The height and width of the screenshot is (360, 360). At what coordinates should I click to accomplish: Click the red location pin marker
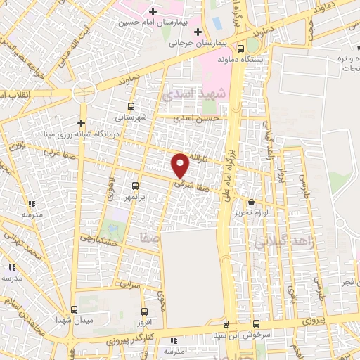click(181, 165)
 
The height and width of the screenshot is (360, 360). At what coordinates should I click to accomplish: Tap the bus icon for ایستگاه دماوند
click(241, 49)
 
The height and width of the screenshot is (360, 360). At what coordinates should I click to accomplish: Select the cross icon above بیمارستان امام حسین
click(152, 11)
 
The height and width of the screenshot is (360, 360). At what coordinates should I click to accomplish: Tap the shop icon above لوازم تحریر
click(251, 202)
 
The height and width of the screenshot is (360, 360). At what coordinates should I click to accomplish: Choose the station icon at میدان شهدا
click(75, 309)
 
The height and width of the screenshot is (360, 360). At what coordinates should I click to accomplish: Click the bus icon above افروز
click(145, 312)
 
